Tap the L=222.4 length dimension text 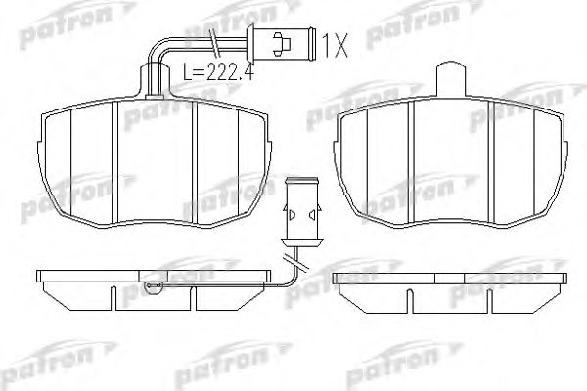[216, 70]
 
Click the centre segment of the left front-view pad [157, 154]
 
